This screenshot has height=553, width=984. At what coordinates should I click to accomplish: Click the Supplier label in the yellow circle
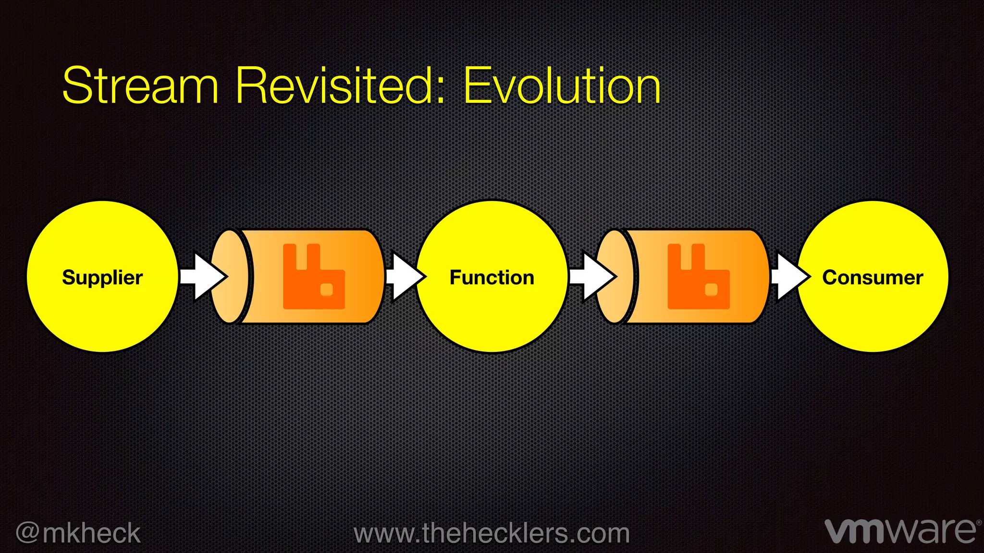tap(102, 277)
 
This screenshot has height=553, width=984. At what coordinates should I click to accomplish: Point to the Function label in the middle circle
tap(492, 277)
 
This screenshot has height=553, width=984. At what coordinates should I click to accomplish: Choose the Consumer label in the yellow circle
tap(873, 277)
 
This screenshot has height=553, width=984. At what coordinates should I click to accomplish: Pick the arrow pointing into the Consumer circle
tap(790, 276)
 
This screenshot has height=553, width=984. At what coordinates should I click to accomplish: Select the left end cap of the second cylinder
tap(615, 276)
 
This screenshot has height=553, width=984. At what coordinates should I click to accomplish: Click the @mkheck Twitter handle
tap(78, 533)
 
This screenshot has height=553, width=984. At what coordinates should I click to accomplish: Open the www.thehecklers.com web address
tap(492, 533)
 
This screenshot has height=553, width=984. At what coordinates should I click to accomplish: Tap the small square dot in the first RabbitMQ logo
tap(327, 289)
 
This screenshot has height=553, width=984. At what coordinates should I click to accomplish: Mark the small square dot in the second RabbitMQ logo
tap(711, 289)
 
